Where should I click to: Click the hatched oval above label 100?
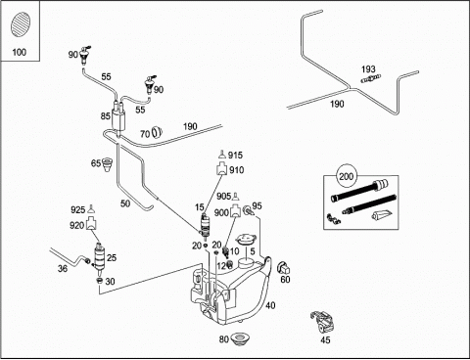21,24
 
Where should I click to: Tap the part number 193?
368,69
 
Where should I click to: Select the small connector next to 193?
371,78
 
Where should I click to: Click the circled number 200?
347,176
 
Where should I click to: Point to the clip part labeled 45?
323,322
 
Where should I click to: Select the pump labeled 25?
100,256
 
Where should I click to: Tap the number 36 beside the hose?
63,268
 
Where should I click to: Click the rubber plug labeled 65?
108,164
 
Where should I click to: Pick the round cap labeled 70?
157,132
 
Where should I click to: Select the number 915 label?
235,155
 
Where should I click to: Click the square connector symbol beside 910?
221,169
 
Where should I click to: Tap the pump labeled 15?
205,225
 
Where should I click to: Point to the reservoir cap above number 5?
246,240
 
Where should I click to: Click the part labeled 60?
284,268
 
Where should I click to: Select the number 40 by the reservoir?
270,305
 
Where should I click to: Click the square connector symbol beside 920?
91,224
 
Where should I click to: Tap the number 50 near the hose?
125,203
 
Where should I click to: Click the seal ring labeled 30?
100,281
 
